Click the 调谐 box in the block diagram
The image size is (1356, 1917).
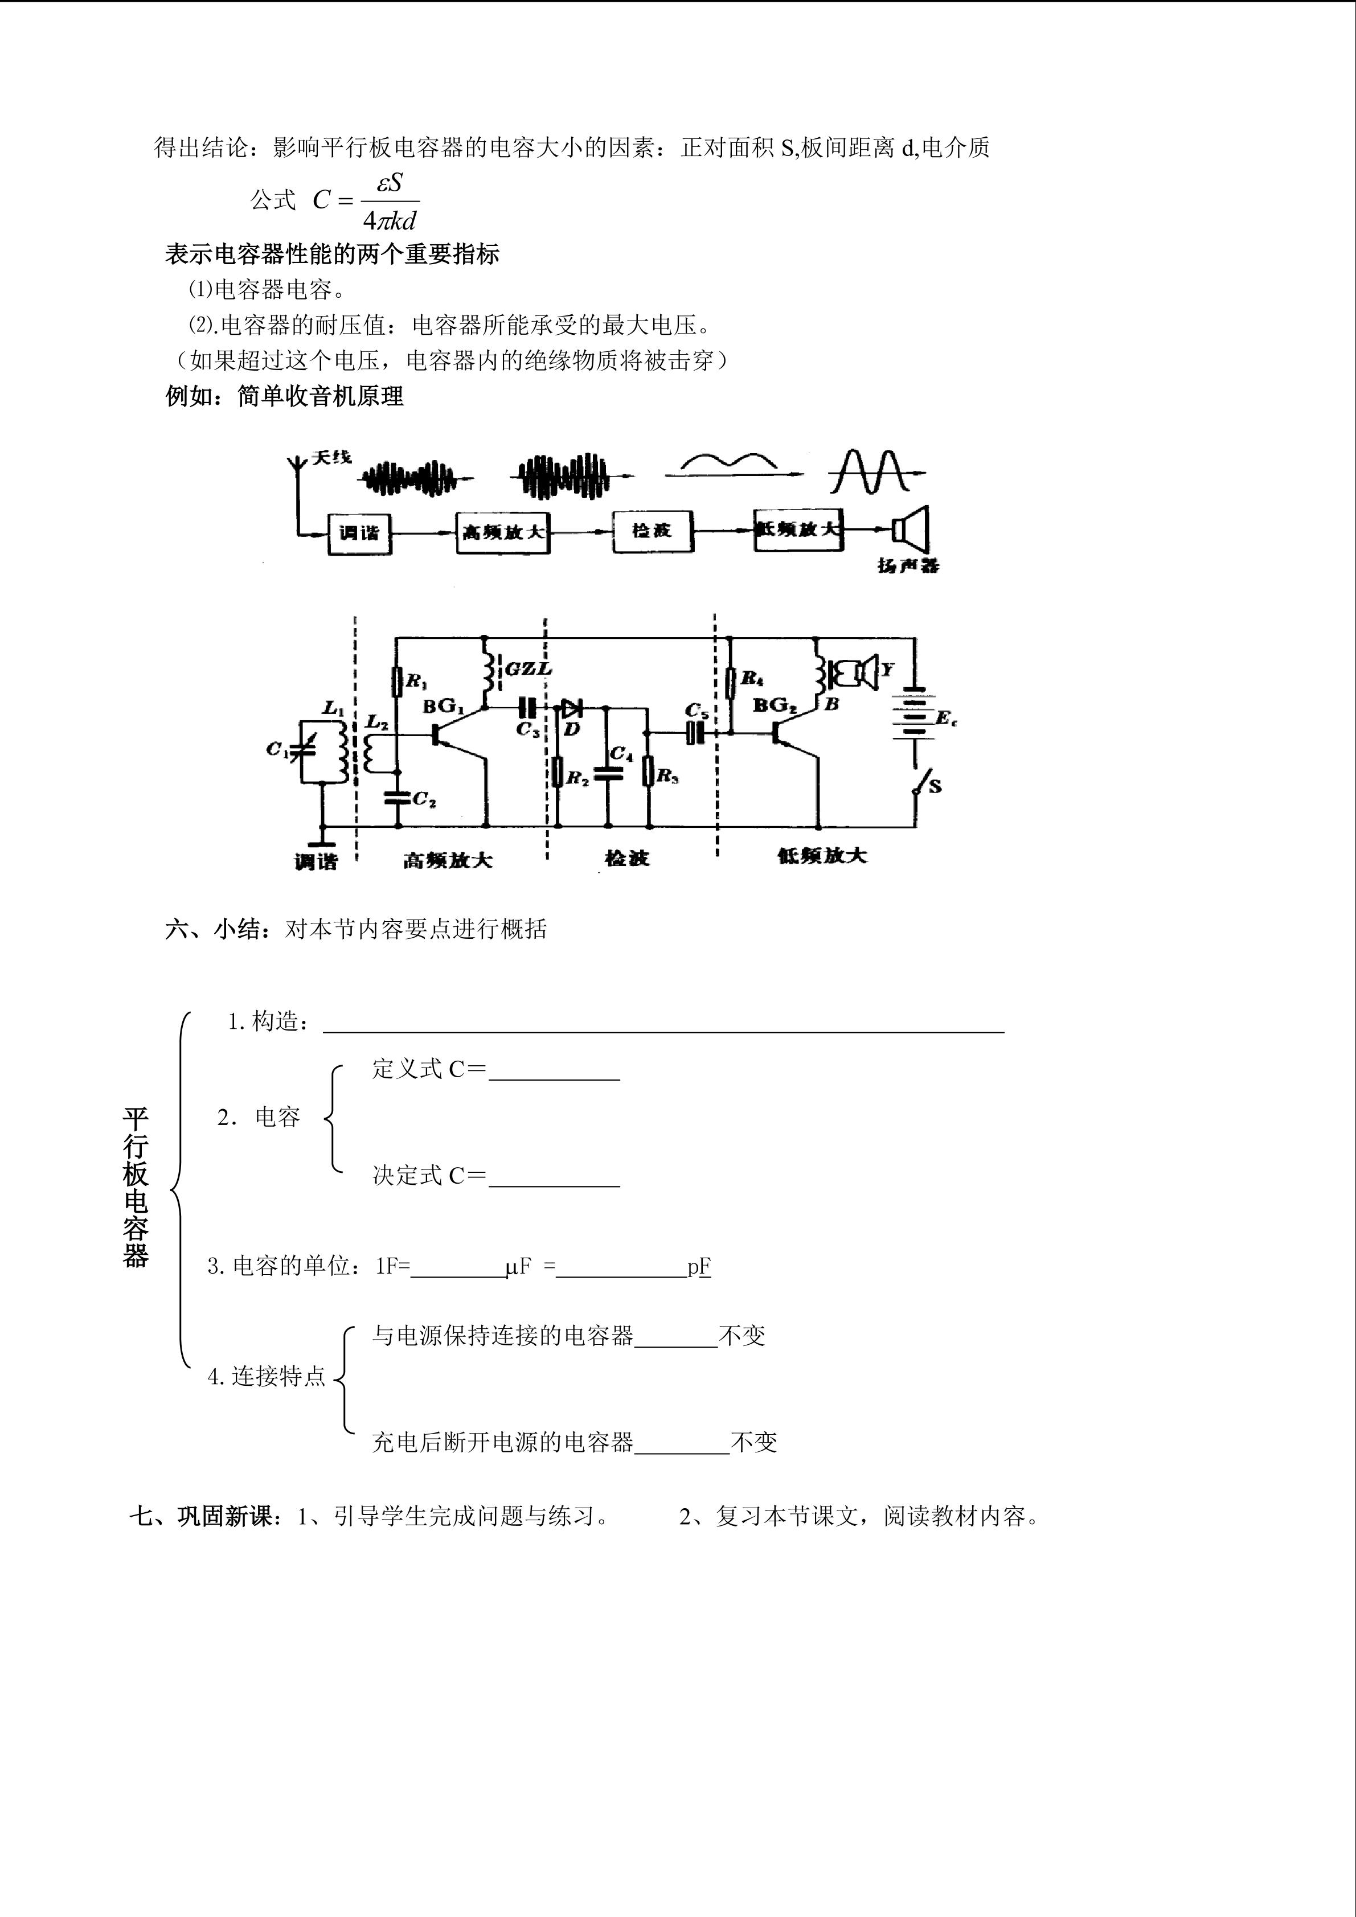click(x=359, y=532)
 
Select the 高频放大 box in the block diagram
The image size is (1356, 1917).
click(x=503, y=532)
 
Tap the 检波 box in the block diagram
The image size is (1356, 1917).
click(x=652, y=531)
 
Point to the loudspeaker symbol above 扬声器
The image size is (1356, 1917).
click(x=910, y=528)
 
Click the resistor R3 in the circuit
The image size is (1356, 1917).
click(x=648, y=772)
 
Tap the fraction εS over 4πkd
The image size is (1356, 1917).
click(x=390, y=201)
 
